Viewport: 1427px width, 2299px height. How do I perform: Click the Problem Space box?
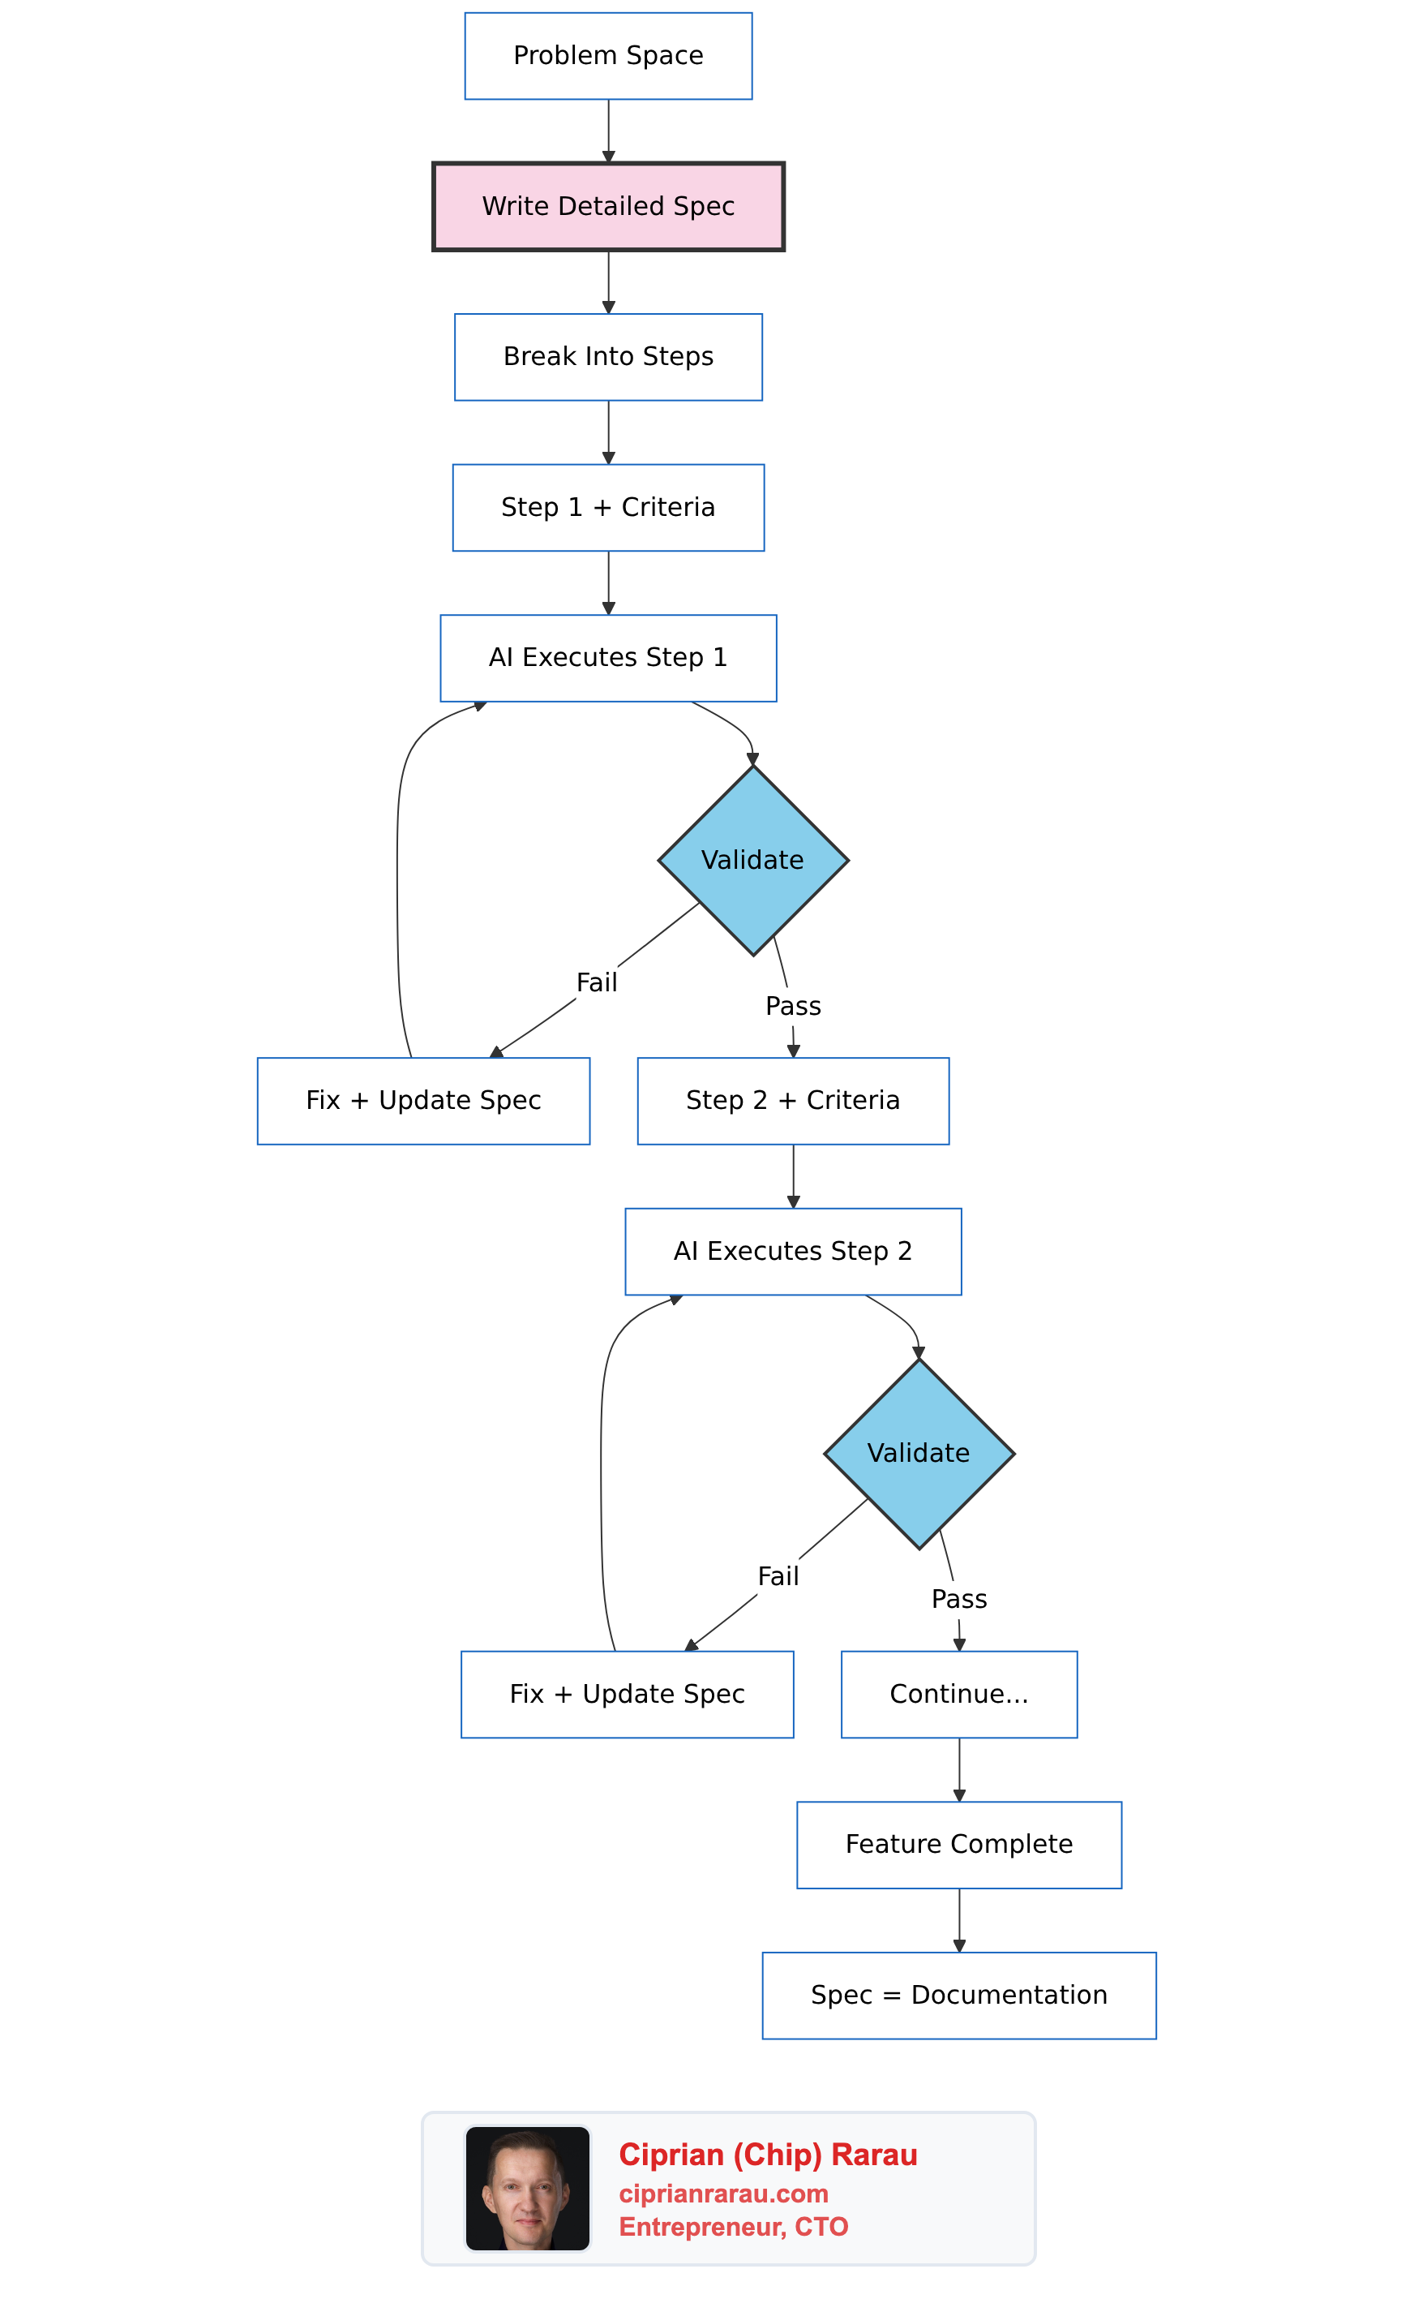(608, 56)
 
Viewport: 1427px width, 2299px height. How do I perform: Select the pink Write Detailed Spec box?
(608, 206)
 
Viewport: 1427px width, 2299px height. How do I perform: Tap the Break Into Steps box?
(608, 357)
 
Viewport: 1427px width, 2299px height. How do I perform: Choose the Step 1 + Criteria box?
(608, 507)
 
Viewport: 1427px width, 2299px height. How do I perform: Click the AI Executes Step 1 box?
(608, 658)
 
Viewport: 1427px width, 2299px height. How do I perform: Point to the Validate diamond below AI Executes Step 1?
(752, 860)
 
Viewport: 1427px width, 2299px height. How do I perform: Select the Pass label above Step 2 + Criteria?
(793, 1007)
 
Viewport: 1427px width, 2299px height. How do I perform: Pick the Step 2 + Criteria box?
(793, 1101)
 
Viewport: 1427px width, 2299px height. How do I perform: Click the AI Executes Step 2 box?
(793, 1251)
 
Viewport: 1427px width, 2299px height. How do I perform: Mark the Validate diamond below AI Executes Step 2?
(919, 1453)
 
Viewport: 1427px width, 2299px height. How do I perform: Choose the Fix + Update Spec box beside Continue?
(627, 1694)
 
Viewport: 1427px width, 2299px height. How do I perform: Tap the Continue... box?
(959, 1694)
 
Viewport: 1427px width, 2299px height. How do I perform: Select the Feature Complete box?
(959, 1844)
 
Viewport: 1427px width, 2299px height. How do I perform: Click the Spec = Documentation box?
(959, 1995)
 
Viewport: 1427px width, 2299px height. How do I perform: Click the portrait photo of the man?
(528, 2188)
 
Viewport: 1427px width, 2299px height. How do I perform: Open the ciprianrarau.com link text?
(723, 2194)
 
